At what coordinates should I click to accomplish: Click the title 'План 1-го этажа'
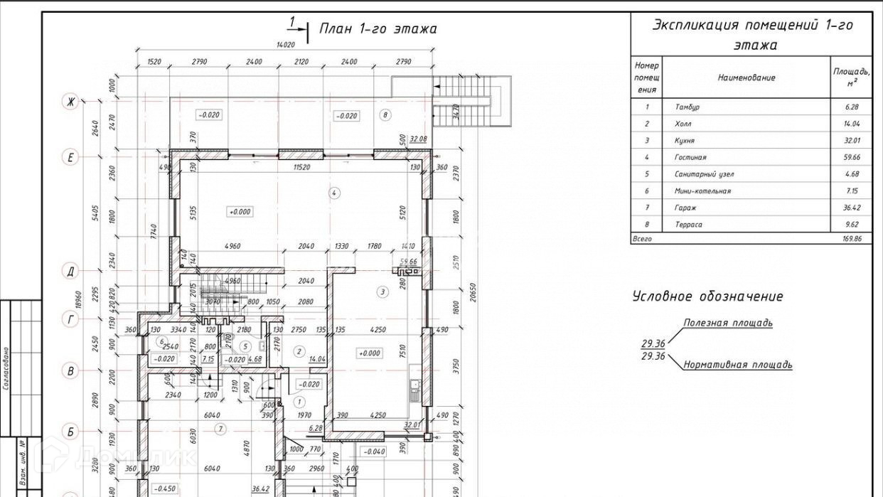[377, 29]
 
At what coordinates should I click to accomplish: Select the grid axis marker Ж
[70, 102]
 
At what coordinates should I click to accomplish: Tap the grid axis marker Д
[70, 271]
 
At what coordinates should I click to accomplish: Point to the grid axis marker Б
[70, 432]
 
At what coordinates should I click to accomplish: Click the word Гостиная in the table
[690, 157]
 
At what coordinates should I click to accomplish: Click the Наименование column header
[746, 78]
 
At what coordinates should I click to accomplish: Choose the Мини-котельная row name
[702, 191]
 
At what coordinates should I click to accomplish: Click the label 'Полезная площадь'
[727, 323]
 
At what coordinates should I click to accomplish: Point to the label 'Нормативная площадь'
[737, 365]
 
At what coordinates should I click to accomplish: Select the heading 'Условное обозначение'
[707, 296]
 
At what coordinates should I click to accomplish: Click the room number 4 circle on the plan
[334, 192]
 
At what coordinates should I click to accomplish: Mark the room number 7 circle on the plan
[221, 429]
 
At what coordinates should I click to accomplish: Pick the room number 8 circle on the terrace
[385, 114]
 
